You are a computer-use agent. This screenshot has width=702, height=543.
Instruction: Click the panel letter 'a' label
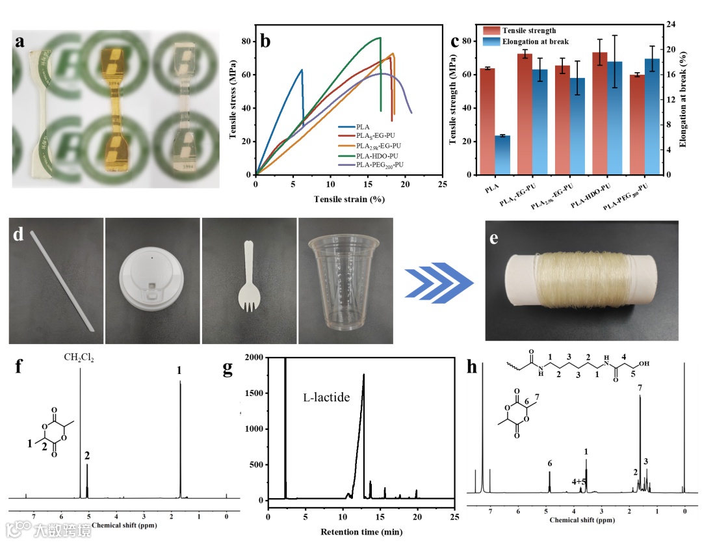(x=20, y=41)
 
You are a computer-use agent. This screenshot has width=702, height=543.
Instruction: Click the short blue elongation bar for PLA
(x=502, y=155)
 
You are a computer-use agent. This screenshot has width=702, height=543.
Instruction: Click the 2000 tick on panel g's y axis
(x=255, y=358)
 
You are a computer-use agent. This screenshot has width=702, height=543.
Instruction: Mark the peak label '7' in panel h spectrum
(x=640, y=388)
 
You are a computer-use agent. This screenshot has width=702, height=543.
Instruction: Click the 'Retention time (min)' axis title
(x=361, y=531)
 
